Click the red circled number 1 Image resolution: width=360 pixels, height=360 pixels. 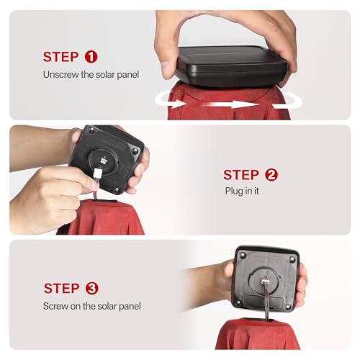[91, 57]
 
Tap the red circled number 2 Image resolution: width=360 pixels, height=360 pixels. [271, 175]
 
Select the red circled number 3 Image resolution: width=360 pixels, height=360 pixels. [91, 288]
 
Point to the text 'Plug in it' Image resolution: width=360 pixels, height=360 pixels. [242, 192]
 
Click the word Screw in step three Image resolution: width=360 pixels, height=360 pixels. [55, 306]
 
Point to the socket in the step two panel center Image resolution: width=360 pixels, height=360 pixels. [103, 161]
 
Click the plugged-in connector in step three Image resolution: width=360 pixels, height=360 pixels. [265, 282]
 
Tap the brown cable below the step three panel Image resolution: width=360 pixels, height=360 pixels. [266, 303]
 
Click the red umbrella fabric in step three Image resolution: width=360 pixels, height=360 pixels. [257, 334]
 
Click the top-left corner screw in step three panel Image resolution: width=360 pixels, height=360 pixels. [243, 254]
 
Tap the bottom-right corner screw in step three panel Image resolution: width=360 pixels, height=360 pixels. [288, 307]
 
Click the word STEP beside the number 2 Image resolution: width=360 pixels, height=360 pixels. [241, 175]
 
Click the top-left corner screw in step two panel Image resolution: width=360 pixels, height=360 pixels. [91, 130]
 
